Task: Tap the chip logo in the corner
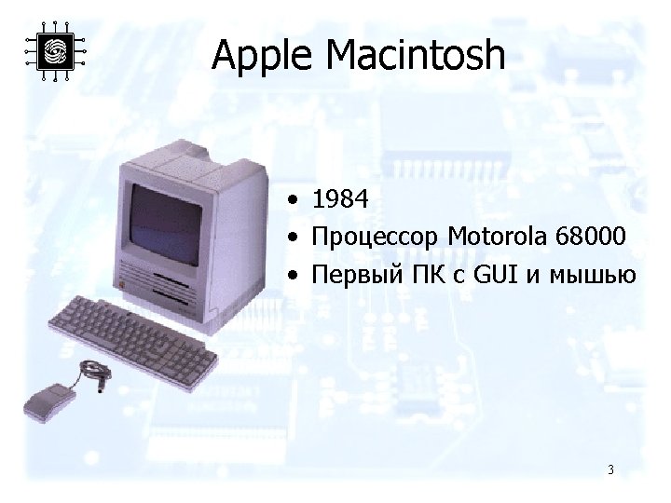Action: pos(55,50)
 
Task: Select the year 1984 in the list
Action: pos(341,199)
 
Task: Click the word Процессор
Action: pos(377,238)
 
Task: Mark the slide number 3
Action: pos(609,469)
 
